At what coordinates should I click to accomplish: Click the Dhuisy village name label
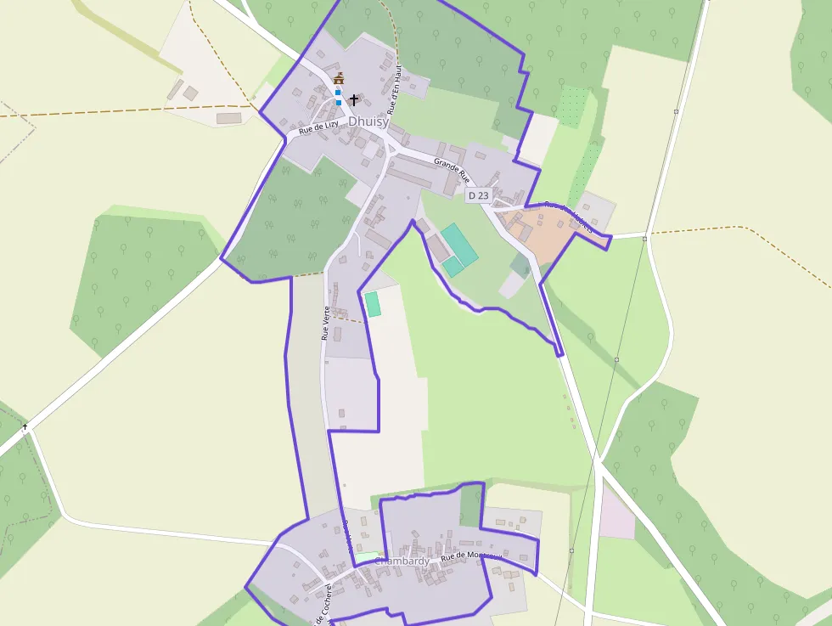pyautogui.click(x=368, y=121)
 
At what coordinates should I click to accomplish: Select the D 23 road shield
pyautogui.click(x=478, y=195)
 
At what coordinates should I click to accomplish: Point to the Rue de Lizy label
pyautogui.click(x=318, y=127)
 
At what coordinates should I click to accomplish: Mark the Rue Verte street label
pyautogui.click(x=325, y=324)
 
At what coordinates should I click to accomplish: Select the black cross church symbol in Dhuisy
pyautogui.click(x=354, y=99)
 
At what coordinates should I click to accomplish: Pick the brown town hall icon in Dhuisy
pyautogui.click(x=339, y=79)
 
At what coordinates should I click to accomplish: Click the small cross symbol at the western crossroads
pyautogui.click(x=25, y=426)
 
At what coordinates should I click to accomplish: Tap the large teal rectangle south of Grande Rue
pyautogui.click(x=458, y=243)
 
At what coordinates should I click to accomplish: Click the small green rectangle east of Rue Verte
pyautogui.click(x=372, y=304)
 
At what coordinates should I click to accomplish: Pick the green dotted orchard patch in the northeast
pyautogui.click(x=575, y=106)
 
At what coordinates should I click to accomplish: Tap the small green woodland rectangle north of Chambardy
pyautogui.click(x=469, y=507)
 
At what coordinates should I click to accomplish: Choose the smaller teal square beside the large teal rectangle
pyautogui.click(x=453, y=267)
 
